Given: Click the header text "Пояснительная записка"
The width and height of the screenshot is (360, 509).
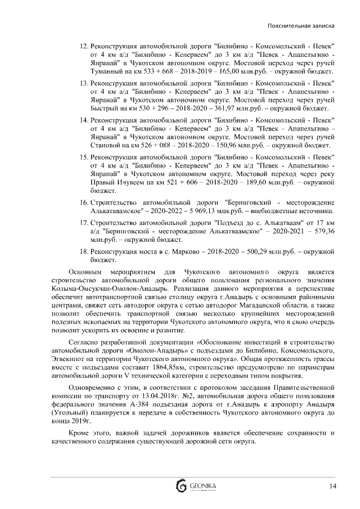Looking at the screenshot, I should [303, 26].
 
